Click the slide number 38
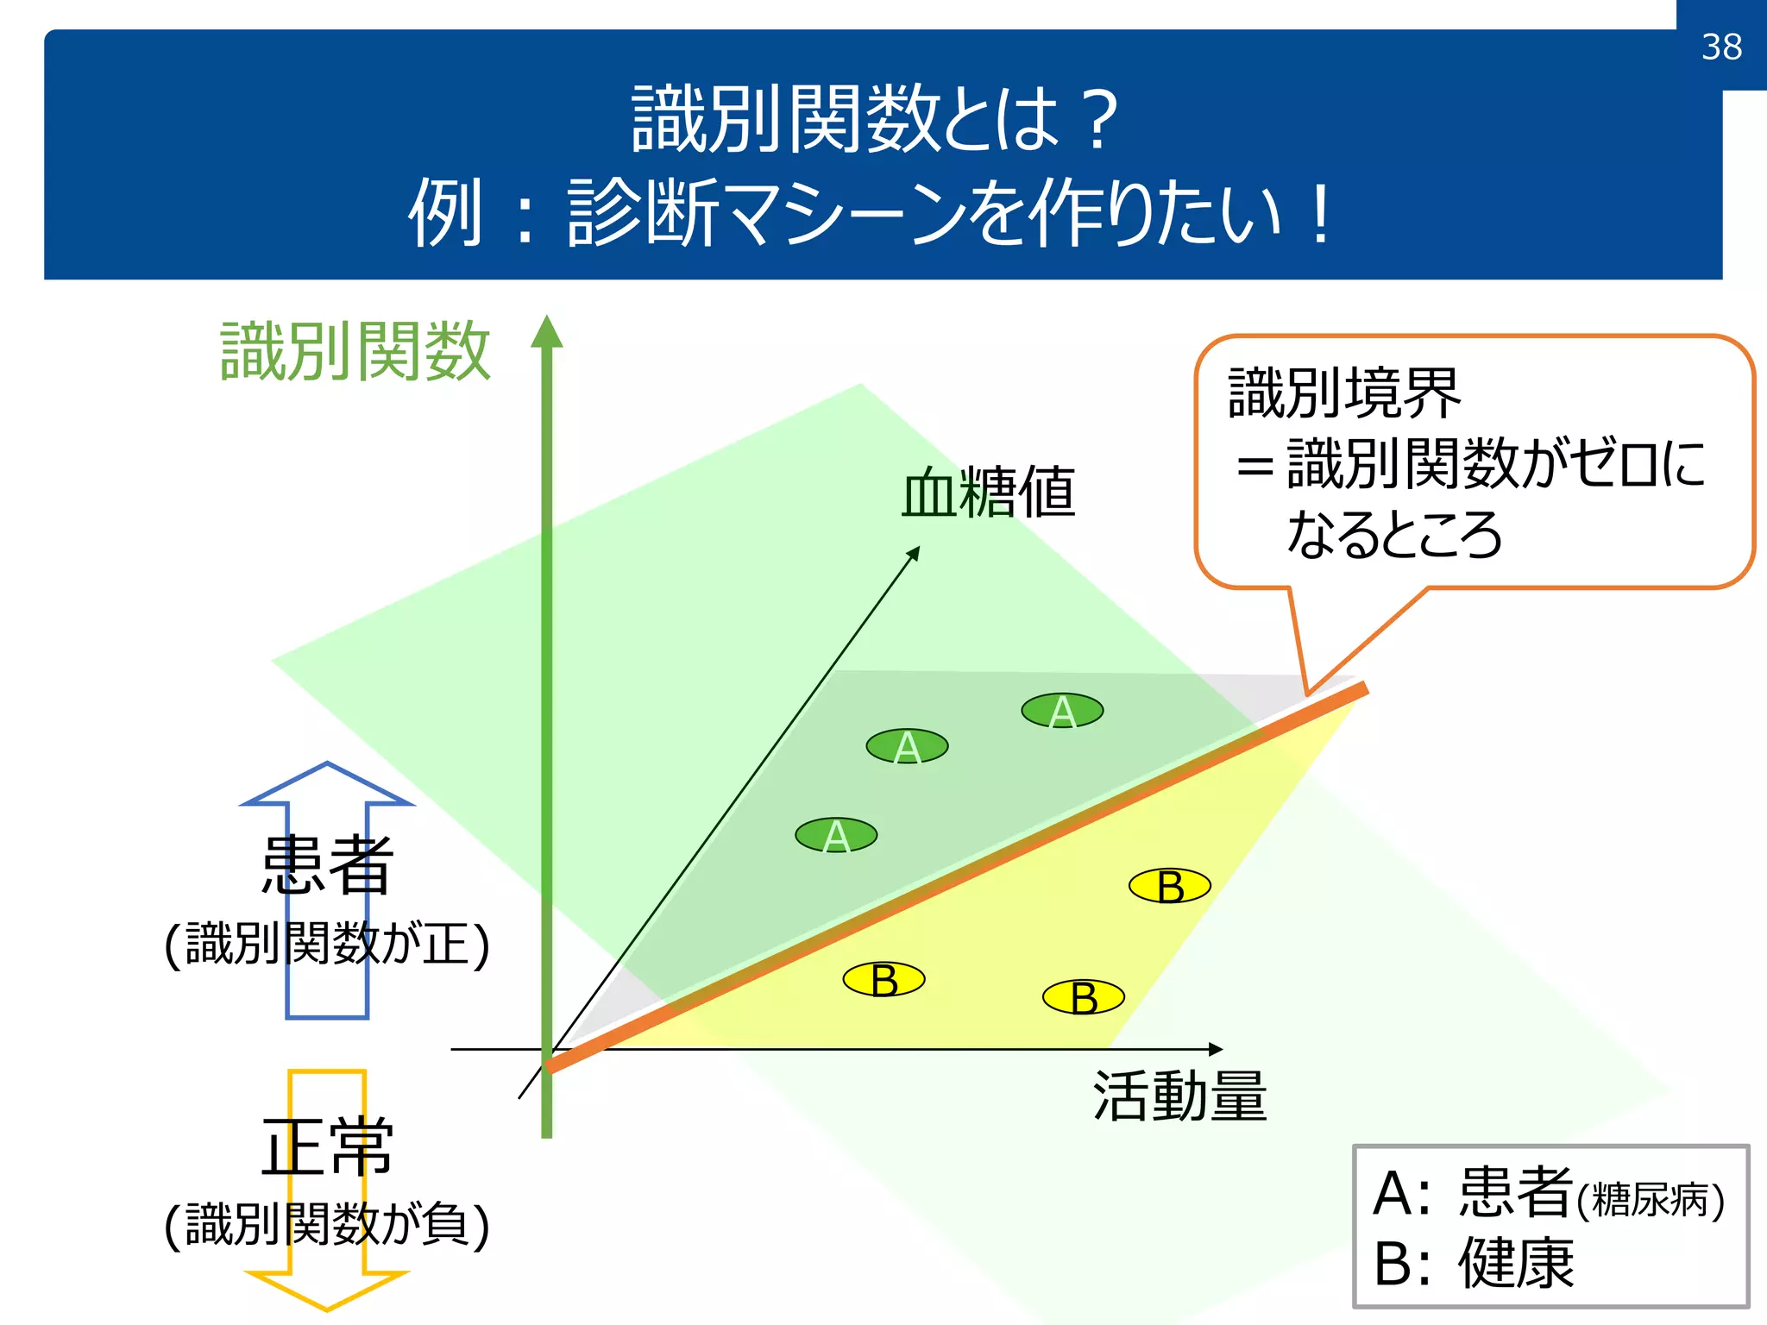1721,47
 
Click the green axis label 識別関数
355,351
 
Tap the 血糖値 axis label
989,493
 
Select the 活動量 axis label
1179,1096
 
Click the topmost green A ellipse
1062,711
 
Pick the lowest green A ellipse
836,835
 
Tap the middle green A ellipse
907,746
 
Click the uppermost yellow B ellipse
1170,886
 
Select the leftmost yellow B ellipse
883,980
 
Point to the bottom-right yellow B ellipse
1084,997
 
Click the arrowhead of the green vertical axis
546,331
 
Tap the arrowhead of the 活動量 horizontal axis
1216,1049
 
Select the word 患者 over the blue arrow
327,864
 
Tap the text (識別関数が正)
327,944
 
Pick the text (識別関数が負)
327,1225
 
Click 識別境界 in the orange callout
1343,393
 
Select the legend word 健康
1516,1264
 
